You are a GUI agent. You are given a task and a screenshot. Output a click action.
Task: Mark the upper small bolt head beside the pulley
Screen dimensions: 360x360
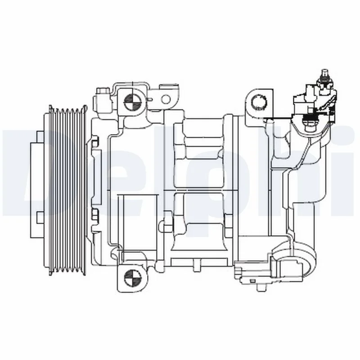coord(94,143)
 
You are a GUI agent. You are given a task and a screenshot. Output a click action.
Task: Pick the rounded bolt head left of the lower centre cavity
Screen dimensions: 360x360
coord(168,224)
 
